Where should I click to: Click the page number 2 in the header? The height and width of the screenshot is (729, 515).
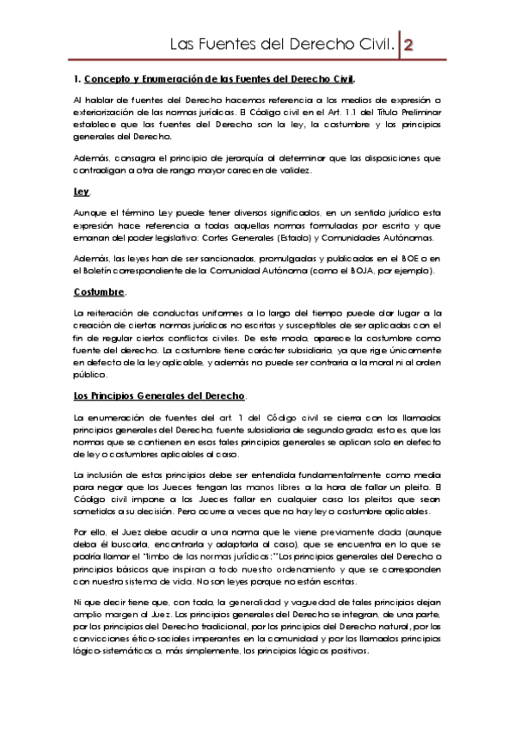click(410, 44)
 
